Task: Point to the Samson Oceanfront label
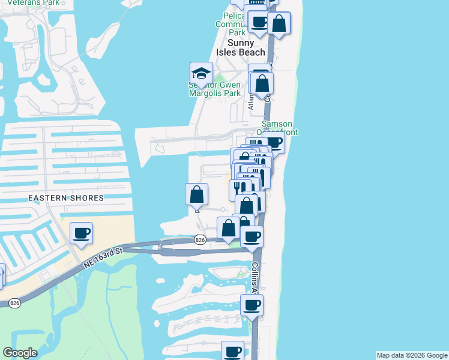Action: pyautogui.click(x=279, y=127)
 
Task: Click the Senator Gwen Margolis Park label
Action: pyautogui.click(x=214, y=89)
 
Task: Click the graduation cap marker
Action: pyautogui.click(x=202, y=74)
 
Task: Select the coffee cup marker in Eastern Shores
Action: pyautogui.click(x=82, y=233)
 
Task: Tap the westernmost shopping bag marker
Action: pyautogui.click(x=196, y=194)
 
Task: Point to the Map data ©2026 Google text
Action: pyautogui.click(x=412, y=355)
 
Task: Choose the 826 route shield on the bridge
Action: pyautogui.click(x=200, y=240)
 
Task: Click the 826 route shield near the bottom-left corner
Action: pyautogui.click(x=16, y=304)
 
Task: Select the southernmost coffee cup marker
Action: pyautogui.click(x=233, y=351)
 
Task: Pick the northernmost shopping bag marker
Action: pyautogui.click(x=279, y=23)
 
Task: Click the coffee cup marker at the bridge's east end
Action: pyautogui.click(x=252, y=236)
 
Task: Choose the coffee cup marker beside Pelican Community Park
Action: pyautogui.click(x=259, y=22)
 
